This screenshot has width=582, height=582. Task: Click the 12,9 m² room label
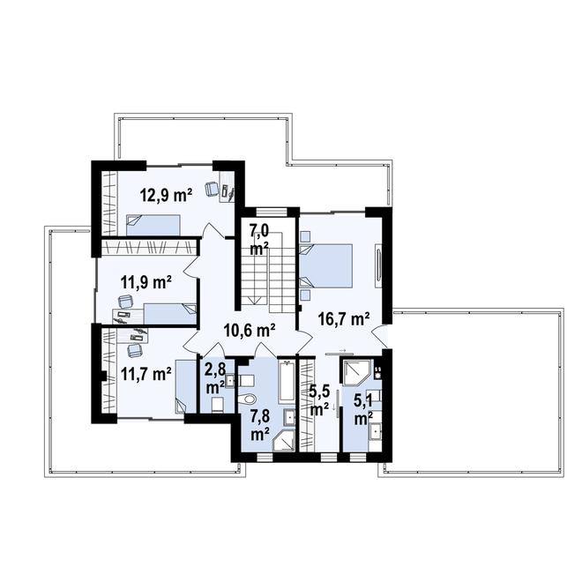166,195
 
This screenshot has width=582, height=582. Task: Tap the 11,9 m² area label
145,282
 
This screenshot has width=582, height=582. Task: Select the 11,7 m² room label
145,374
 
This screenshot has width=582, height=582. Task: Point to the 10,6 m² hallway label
250,330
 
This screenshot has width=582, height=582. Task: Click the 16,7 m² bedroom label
344,319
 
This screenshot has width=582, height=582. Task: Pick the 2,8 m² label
215,378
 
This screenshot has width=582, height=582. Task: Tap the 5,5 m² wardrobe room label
319,401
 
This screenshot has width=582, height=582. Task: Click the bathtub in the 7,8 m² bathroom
287,380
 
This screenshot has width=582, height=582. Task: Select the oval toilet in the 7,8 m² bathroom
249,399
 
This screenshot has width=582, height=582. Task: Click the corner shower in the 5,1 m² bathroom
356,372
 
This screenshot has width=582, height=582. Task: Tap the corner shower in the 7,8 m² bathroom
284,441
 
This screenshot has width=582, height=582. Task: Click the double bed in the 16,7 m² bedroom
326,265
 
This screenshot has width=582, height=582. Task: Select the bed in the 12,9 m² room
153,225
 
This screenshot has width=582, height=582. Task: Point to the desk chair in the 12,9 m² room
212,189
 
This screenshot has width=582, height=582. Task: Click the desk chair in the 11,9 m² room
125,302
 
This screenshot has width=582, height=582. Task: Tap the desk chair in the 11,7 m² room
134,350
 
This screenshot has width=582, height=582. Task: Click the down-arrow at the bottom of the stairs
255,301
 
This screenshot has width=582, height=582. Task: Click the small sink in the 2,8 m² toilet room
230,380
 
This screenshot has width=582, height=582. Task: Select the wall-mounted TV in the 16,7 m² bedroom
378,265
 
